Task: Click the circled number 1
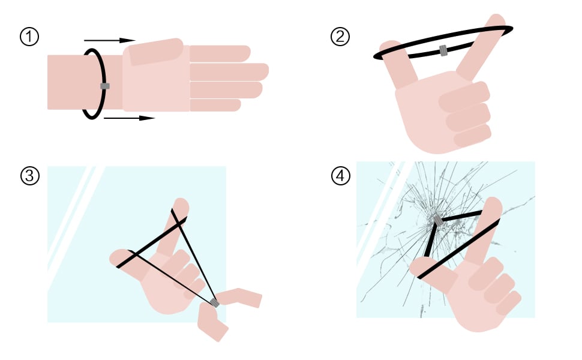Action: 29,37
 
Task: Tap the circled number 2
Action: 340,37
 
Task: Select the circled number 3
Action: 29,176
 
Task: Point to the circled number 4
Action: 340,176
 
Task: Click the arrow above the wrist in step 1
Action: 109,40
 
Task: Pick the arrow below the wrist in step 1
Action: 129,118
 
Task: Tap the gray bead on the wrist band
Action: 105,86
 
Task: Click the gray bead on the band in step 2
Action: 443,50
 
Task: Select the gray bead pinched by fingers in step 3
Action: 215,303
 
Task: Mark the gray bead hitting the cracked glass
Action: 439,220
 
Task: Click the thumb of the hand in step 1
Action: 156,52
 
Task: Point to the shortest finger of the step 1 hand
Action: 215,105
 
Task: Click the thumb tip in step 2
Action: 388,46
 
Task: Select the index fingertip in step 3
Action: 182,205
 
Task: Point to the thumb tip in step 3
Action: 118,257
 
